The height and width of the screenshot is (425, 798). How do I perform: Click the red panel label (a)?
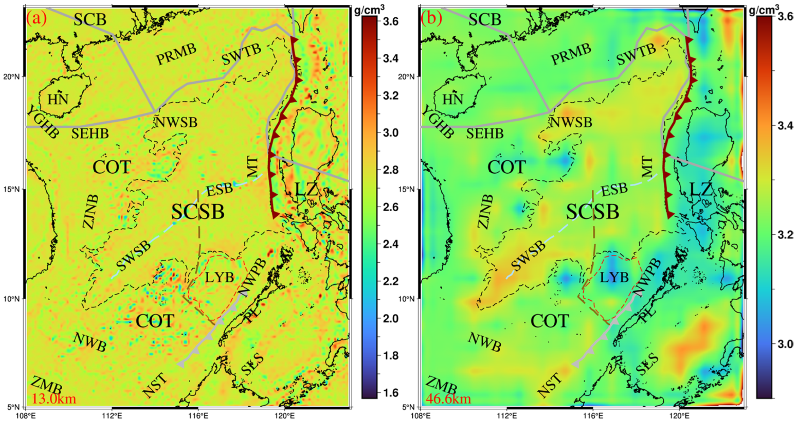(36, 19)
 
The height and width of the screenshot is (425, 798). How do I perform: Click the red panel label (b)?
(431, 19)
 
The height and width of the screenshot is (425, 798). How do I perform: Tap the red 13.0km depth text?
(54, 399)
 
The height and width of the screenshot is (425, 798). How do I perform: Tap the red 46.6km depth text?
(449, 399)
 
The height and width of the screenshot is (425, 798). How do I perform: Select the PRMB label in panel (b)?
(571, 54)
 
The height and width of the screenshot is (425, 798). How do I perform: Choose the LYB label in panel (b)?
(614, 277)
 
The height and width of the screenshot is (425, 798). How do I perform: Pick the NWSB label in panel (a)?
(176, 122)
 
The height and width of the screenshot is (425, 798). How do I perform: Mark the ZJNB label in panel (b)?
(485, 212)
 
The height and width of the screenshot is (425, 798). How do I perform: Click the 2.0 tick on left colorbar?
(391, 318)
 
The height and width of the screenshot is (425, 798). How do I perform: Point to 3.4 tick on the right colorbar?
(785, 125)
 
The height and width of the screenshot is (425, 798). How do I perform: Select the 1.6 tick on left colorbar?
(391, 393)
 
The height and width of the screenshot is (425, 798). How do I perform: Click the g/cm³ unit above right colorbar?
(764, 10)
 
